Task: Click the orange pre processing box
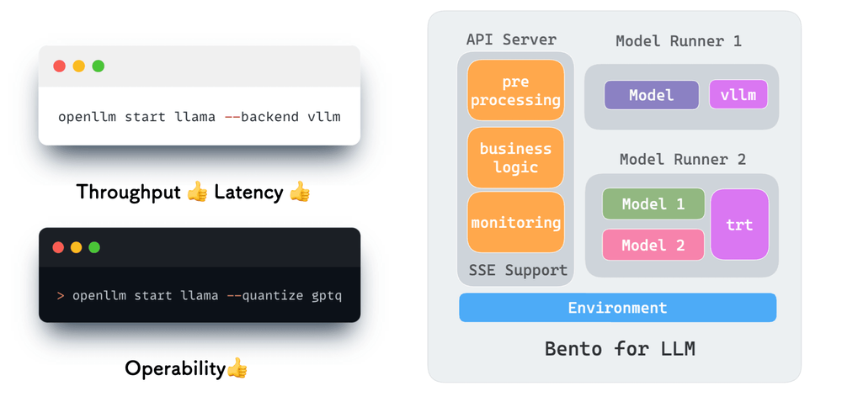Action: coord(515,91)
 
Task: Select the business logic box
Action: coord(515,157)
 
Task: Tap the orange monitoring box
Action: coord(515,222)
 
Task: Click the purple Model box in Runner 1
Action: coord(651,95)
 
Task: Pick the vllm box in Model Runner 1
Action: coord(738,95)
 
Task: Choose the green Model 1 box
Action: coord(653,203)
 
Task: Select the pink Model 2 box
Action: coord(653,245)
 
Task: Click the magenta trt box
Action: coord(739,225)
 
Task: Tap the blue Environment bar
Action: coord(617,308)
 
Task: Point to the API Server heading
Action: coord(511,40)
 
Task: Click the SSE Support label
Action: coord(518,270)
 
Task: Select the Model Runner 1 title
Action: coord(678,40)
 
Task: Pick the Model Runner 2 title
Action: coord(682,159)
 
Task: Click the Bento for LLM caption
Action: coord(620,347)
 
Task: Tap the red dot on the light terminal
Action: coord(59,66)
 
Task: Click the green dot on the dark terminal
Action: coord(94,247)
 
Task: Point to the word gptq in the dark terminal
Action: coord(327,295)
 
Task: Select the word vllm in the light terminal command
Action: coord(324,116)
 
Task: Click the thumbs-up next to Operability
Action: coord(237,367)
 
